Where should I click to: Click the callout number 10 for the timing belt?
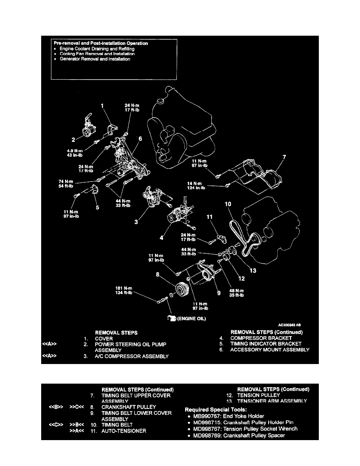228,204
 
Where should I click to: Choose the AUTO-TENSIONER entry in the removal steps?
124,431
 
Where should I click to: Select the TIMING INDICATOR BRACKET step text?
266,344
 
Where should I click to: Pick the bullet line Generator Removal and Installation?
95,60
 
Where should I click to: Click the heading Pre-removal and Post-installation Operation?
101,43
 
